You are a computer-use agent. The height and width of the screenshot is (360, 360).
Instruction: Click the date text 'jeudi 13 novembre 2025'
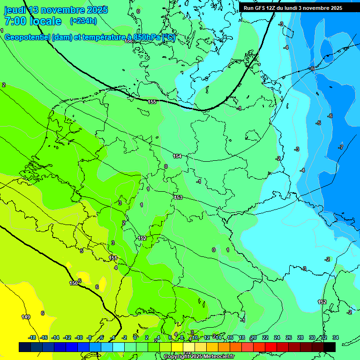pyautogui.click(x=56, y=10)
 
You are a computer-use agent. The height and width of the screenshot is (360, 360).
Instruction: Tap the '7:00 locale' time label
pyautogui.click(x=33, y=21)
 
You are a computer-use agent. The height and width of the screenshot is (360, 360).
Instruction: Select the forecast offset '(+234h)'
pyautogui.click(x=83, y=21)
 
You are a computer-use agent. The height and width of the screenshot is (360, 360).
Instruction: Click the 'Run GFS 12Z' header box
pyautogui.click(x=293, y=8)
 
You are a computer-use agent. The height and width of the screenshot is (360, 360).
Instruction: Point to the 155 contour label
pyautogui.click(x=152, y=102)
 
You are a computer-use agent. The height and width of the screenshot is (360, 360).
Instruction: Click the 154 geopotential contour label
pyautogui.click(x=177, y=156)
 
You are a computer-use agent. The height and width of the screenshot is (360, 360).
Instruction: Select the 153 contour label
pyautogui.click(x=178, y=197)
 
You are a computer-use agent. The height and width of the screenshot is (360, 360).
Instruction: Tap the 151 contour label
pyautogui.click(x=113, y=258)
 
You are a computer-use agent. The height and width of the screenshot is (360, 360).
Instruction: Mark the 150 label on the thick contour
pyautogui.click(x=74, y=283)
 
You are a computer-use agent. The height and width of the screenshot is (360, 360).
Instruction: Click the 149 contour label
pyautogui.click(x=26, y=317)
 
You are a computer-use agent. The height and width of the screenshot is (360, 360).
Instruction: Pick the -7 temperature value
pyautogui.click(x=341, y=147)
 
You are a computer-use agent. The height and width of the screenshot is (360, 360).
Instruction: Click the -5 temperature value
pyautogui.click(x=318, y=123)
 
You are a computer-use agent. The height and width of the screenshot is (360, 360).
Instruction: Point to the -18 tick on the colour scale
pyautogui.click(x=32, y=337)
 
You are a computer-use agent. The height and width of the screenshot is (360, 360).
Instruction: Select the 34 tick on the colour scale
pyautogui.click(x=335, y=337)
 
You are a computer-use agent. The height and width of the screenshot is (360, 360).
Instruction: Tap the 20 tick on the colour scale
pyautogui.click(x=254, y=337)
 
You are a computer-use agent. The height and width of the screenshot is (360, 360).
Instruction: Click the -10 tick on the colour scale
pyautogui.click(x=79, y=337)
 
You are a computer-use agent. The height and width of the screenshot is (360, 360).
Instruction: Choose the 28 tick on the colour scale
pyautogui.click(x=300, y=337)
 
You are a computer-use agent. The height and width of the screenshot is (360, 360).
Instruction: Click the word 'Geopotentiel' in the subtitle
pyautogui.click(x=29, y=37)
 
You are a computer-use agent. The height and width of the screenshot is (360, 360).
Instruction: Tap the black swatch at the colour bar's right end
pyautogui.click(x=330, y=347)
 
